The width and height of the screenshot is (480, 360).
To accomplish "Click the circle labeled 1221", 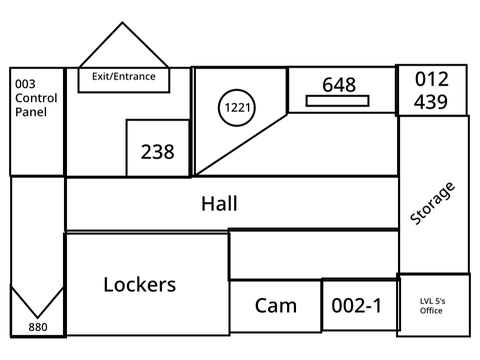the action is coord(237,90).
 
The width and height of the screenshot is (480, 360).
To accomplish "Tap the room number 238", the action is coord(157,152).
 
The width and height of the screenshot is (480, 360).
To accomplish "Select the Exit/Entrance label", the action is coord(124,77).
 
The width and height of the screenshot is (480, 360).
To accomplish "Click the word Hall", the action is coord(219,204).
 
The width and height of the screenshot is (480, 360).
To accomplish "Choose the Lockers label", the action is coord(140,285).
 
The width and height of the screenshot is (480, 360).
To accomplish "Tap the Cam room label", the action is coord(276,306).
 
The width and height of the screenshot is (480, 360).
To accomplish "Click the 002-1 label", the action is coord(356,306).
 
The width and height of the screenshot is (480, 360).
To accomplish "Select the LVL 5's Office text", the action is coord(432,306).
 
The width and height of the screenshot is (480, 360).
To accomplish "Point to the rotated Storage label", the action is coord(432,203).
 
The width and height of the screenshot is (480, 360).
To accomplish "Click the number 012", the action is coord(432,79).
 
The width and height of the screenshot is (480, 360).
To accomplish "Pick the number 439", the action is coord(431,102).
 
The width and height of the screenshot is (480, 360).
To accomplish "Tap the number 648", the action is coord(339,85).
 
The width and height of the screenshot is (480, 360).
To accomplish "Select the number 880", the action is coord(38,327).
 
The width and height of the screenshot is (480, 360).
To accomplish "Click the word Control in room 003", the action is coord(36,98).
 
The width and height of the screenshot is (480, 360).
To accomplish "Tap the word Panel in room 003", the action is coord(31,112).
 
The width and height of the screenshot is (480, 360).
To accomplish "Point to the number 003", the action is coord(25,84).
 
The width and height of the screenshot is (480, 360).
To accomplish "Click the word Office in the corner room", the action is coord(431,311).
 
